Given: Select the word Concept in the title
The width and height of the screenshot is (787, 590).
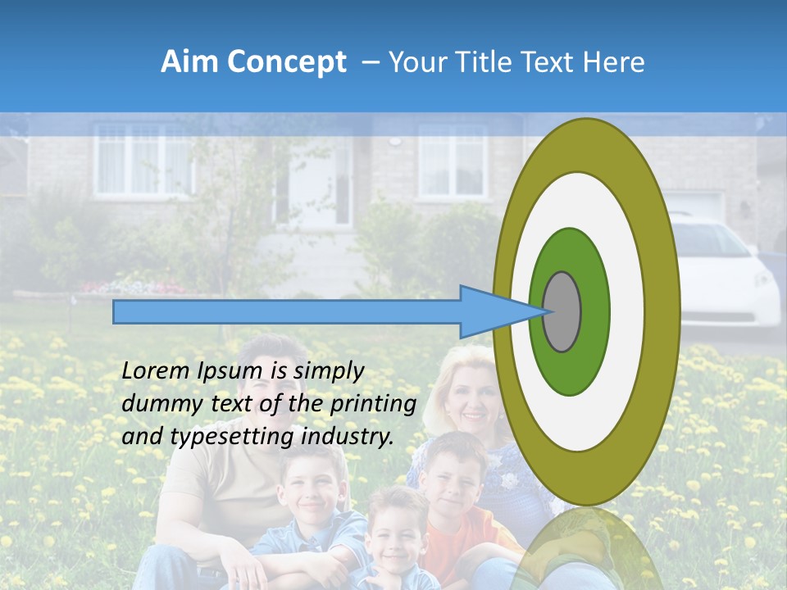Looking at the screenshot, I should pyautogui.click(x=287, y=63).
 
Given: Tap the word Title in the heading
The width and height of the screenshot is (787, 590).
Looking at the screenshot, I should pyautogui.click(x=484, y=62).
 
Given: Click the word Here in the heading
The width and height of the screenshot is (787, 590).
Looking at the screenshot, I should pyautogui.click(x=615, y=62).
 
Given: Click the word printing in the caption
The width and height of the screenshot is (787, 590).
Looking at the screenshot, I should pyautogui.click(x=373, y=404).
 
